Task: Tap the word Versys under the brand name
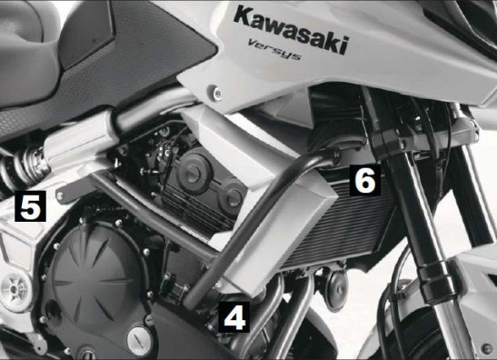click(274, 49)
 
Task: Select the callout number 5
click(30, 205)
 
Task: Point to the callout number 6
click(365, 180)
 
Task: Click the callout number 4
click(234, 317)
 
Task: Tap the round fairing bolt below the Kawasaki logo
click(217, 93)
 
